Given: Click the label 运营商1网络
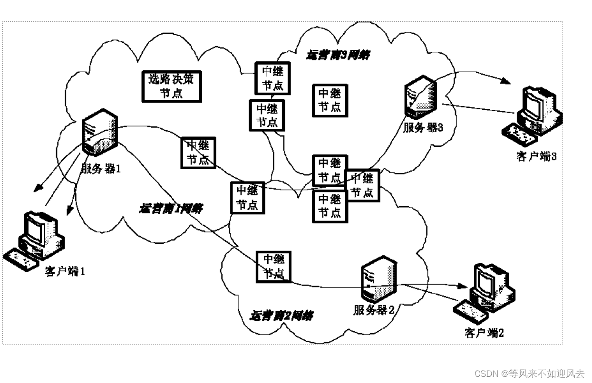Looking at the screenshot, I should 171,208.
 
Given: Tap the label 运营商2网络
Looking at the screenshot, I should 281,316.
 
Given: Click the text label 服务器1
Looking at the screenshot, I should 98,168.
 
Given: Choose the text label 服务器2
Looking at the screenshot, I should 374,310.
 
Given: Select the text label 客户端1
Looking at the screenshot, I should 65,272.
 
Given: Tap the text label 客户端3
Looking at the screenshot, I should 536,156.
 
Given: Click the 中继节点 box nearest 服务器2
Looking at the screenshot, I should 273,267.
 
